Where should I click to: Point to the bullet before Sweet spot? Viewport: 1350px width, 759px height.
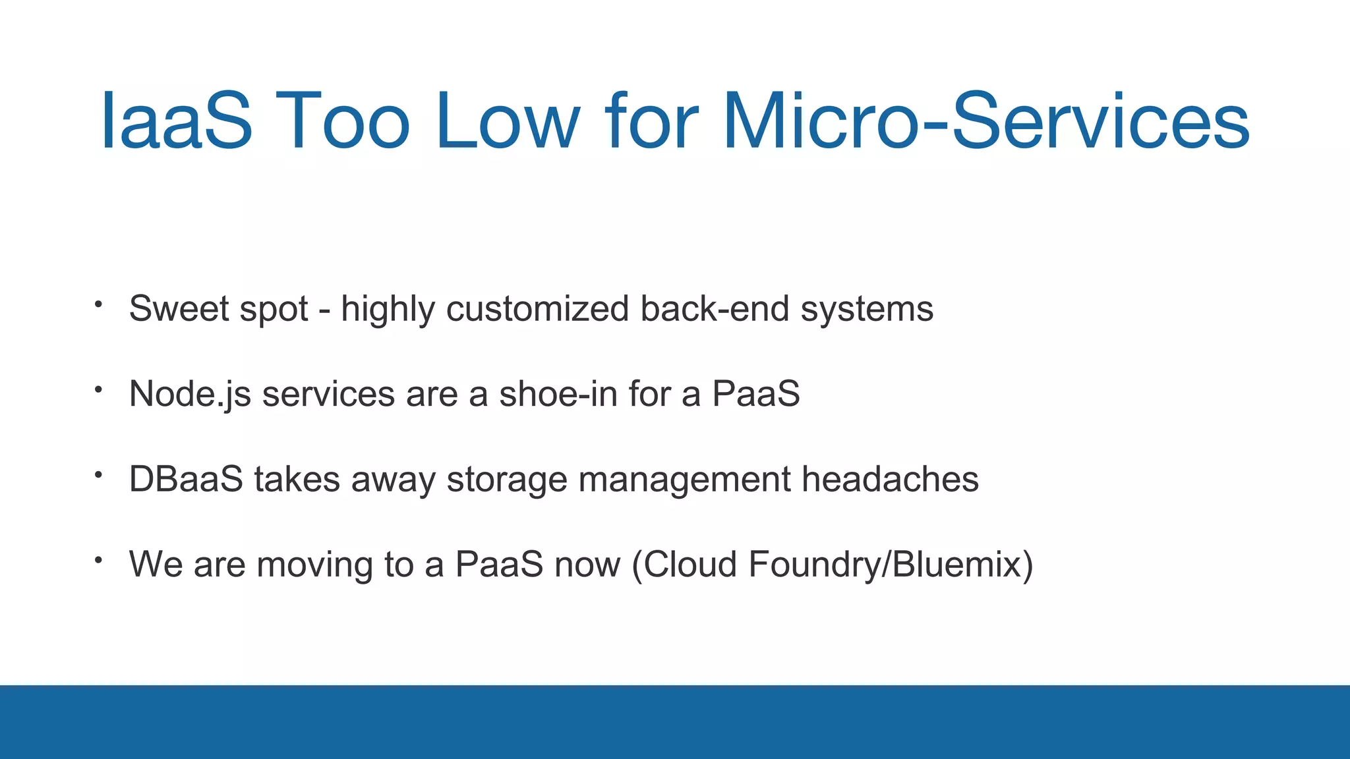tap(98, 304)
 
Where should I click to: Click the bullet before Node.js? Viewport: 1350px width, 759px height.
tap(98, 390)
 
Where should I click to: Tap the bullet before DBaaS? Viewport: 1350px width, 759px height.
tap(98, 475)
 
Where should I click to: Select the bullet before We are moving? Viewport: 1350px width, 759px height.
tap(98, 560)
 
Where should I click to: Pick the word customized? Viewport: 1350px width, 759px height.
tap(537, 308)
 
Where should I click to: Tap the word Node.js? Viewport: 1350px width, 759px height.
tap(190, 395)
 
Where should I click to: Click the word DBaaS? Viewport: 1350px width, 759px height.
tap(186, 479)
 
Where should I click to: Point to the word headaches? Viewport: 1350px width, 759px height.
tap(890, 479)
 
